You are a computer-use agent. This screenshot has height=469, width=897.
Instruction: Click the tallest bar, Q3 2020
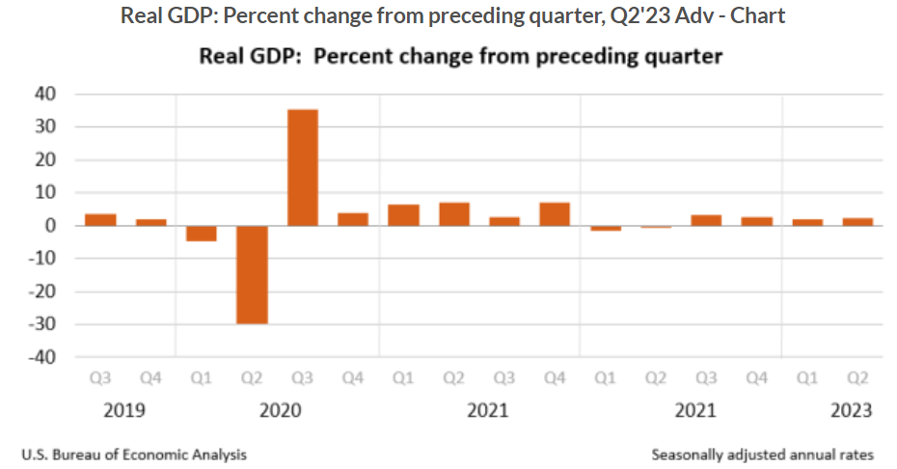pyautogui.click(x=302, y=168)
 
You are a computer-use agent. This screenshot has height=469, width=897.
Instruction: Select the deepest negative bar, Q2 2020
pyautogui.click(x=252, y=275)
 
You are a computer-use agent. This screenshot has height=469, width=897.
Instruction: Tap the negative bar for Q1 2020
pyautogui.click(x=202, y=234)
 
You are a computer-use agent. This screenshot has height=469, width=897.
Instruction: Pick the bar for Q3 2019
pyautogui.click(x=100, y=220)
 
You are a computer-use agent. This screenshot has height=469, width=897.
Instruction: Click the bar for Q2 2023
pyautogui.click(x=857, y=222)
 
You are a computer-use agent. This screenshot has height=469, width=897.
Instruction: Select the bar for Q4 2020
pyautogui.click(x=352, y=219)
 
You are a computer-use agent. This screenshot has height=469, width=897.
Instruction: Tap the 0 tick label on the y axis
pyautogui.click(x=51, y=226)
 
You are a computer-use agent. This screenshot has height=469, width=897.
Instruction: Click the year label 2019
pyautogui.click(x=124, y=410)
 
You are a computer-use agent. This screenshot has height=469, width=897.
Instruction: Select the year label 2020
pyautogui.click(x=281, y=410)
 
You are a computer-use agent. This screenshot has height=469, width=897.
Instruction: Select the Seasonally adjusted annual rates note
pyautogui.click(x=762, y=453)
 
